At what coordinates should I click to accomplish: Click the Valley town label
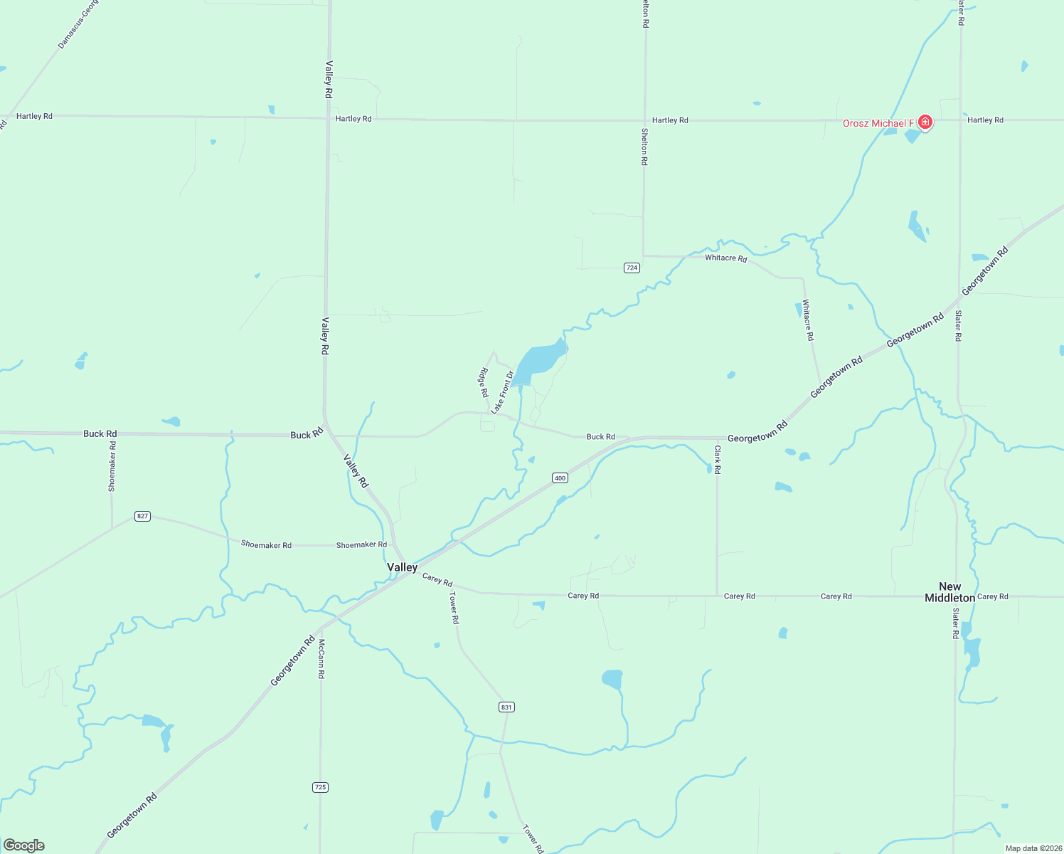(402, 567)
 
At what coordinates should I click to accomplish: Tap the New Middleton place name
(949, 592)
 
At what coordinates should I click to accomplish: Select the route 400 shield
(560, 478)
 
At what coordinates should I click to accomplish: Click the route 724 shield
(632, 268)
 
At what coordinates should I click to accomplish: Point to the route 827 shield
(142, 516)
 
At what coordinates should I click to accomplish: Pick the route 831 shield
(506, 707)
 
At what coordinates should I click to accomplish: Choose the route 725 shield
(320, 787)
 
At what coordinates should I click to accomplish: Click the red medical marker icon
(925, 122)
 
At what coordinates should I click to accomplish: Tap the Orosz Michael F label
(878, 124)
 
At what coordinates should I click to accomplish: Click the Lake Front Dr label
(502, 392)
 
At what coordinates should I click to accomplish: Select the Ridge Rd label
(484, 382)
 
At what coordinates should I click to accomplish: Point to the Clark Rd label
(718, 460)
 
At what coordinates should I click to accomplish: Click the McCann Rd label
(321, 658)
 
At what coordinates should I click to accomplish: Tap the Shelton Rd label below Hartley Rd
(644, 147)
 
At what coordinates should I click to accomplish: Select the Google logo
(24, 845)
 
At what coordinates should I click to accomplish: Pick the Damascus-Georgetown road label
(78, 24)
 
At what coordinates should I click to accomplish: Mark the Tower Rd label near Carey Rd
(454, 608)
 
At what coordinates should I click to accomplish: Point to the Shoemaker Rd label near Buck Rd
(112, 466)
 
